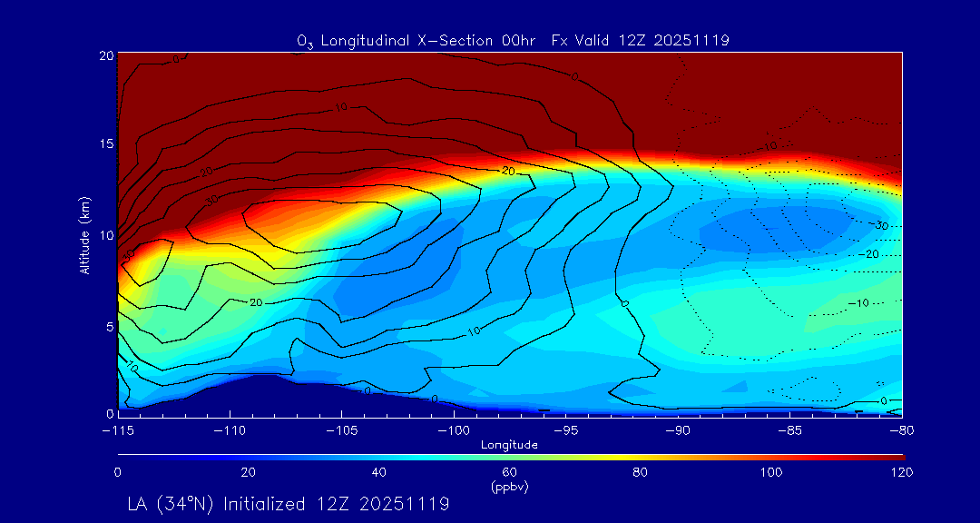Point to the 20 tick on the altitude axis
point(106,55)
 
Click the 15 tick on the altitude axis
point(106,144)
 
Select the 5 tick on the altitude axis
point(110,325)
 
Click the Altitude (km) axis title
point(85,234)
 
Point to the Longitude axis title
point(509,444)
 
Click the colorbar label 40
point(379,472)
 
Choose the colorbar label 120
point(902,472)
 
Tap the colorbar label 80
point(641,472)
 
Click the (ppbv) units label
point(509,487)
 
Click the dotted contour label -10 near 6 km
point(857,302)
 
